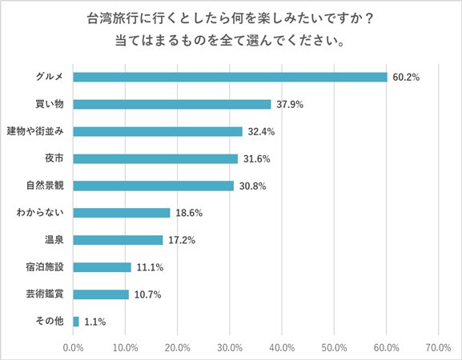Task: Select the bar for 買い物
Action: (x=172, y=104)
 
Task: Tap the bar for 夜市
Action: (x=155, y=158)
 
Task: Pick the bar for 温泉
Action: (x=118, y=240)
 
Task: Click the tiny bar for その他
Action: (x=76, y=322)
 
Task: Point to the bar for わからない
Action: (x=122, y=213)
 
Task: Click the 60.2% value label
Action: (x=407, y=77)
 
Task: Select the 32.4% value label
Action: (x=262, y=131)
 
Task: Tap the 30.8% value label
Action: (x=253, y=186)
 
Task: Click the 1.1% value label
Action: (x=94, y=322)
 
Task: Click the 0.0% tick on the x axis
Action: (x=73, y=347)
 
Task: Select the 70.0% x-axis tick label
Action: (x=438, y=347)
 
